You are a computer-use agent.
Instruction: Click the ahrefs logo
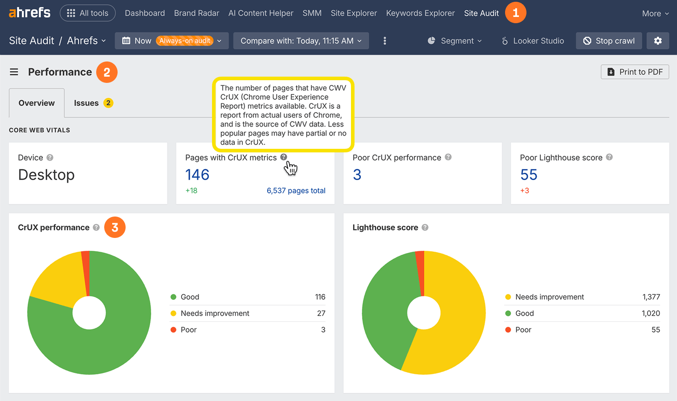pyautogui.click(x=29, y=12)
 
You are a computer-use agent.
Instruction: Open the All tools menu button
pyautogui.click(x=88, y=13)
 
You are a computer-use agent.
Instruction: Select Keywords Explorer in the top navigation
pyautogui.click(x=420, y=13)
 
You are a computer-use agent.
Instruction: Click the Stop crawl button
pyautogui.click(x=608, y=41)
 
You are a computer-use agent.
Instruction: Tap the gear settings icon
pyautogui.click(x=658, y=41)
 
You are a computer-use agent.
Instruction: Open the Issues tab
pyautogui.click(x=86, y=103)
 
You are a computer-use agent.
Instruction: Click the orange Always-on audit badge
pyautogui.click(x=184, y=41)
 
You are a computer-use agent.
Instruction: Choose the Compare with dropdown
pyautogui.click(x=301, y=41)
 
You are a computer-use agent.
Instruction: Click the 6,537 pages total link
pyautogui.click(x=296, y=191)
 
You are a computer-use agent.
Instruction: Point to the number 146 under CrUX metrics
pyautogui.click(x=197, y=175)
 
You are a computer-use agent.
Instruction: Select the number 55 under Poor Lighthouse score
pyautogui.click(x=529, y=175)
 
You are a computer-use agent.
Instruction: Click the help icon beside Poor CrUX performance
pyautogui.click(x=448, y=157)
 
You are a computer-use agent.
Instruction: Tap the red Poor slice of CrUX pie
pyautogui.click(x=86, y=272)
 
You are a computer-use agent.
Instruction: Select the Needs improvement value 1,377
pyautogui.click(x=651, y=297)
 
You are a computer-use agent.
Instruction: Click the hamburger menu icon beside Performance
pyautogui.click(x=14, y=72)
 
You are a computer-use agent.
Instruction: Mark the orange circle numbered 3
pyautogui.click(x=115, y=228)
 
